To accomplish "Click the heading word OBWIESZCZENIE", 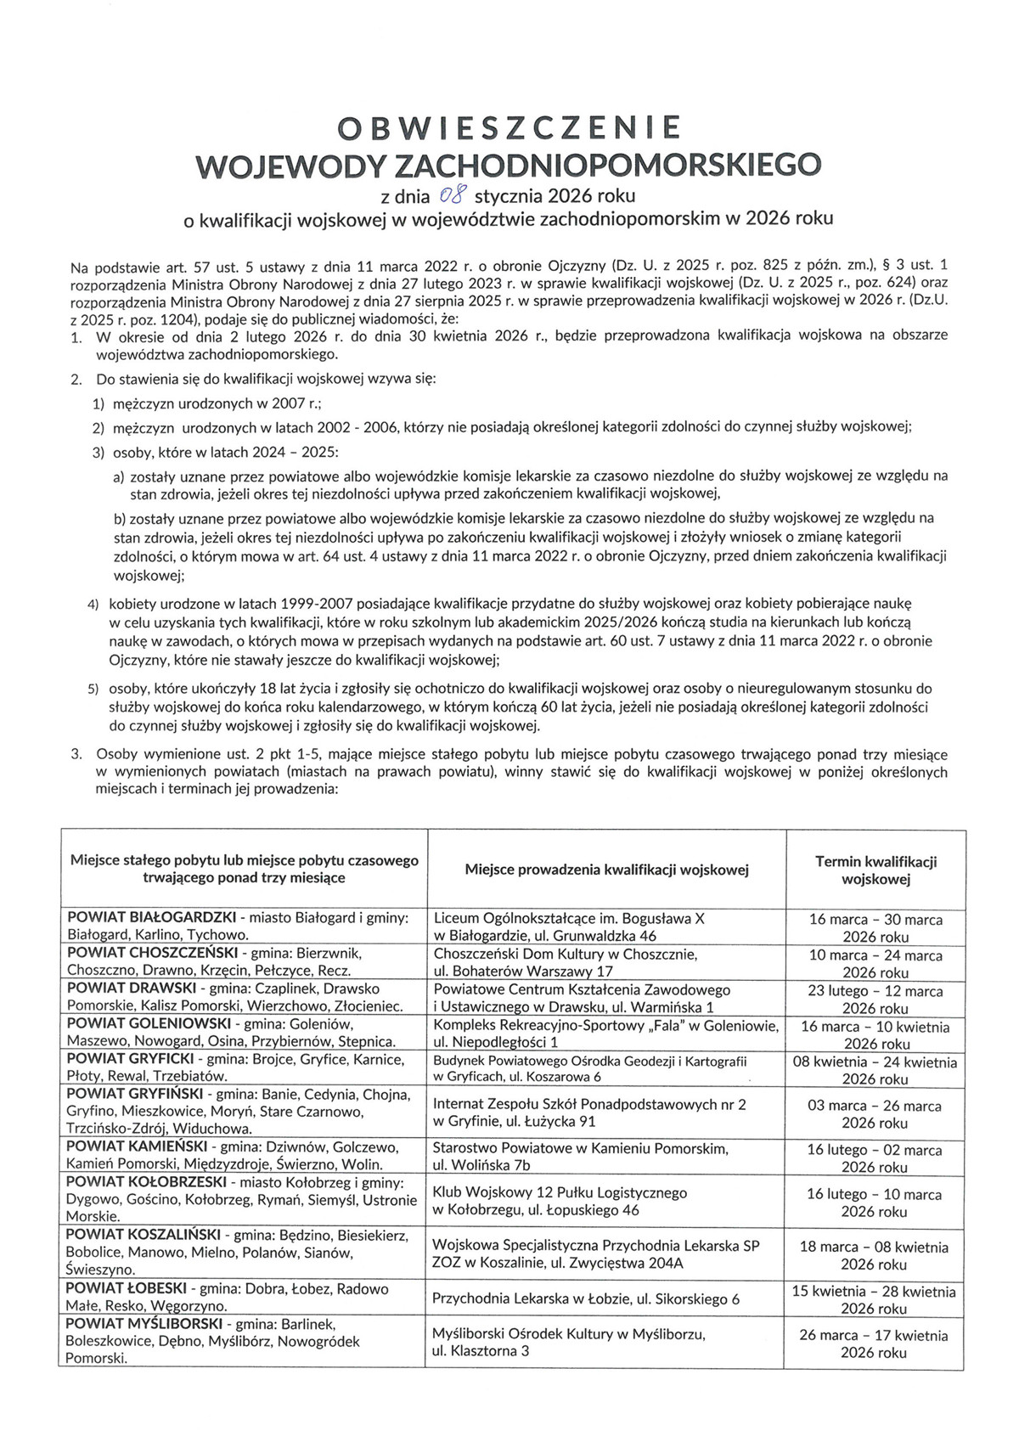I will pyautogui.click(x=509, y=127).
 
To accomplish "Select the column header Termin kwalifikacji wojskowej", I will pyautogui.click(x=875, y=870).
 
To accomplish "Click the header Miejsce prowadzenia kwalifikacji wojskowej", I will pyautogui.click(x=606, y=870).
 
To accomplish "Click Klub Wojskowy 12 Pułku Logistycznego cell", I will pyautogui.click(x=560, y=1192).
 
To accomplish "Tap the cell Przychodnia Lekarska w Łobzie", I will pyautogui.click(x=586, y=1298).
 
